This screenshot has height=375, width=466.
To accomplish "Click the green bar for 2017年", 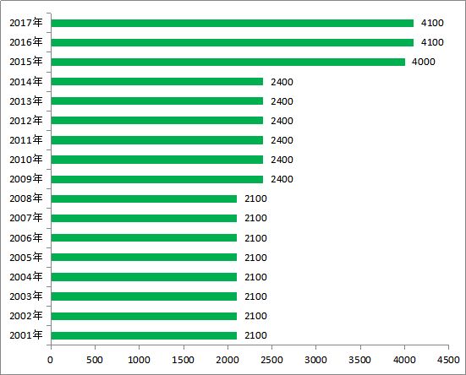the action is pos(232,23).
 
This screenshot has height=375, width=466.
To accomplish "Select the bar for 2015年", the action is pos(228,62).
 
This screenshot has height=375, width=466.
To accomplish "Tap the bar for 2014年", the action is pos(157,82).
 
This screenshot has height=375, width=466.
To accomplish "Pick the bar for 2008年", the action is pos(144,198).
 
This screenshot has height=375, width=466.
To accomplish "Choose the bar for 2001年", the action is pos(144,335).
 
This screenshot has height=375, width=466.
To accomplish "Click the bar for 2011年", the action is pos(157,140).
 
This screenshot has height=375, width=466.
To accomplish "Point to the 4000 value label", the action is pos(423,62).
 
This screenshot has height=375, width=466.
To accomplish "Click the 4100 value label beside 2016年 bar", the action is pos(432,42).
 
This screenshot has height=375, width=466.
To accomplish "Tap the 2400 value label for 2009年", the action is pos(282,179).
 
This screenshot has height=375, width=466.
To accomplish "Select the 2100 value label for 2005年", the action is pos(255,258).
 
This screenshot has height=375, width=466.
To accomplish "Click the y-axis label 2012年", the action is pos(26,121).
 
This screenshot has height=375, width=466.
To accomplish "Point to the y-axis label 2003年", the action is pos(26,296).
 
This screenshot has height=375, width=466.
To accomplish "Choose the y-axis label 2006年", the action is pos(26,237).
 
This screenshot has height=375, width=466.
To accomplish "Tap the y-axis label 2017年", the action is pos(26,23).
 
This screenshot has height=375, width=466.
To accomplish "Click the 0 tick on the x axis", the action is pos(50,360).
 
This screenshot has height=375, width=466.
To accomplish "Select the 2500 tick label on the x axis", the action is pos(271,360).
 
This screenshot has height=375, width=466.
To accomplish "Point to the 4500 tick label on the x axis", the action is pos(448,360).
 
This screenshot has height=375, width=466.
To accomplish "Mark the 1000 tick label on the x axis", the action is pos(139,360).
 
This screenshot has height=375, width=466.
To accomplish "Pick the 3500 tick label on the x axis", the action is pos(360,360).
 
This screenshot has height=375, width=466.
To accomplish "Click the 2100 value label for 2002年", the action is pos(255,316).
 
